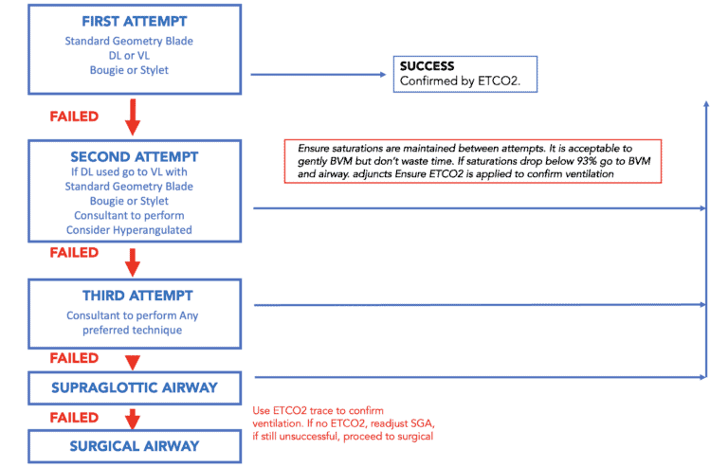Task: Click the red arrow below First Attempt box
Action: click(x=134, y=117)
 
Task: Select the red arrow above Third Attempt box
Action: click(x=134, y=260)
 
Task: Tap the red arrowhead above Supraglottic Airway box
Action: click(x=134, y=361)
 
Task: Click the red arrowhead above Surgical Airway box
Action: click(x=134, y=419)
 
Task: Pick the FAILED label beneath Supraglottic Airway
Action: click(x=74, y=417)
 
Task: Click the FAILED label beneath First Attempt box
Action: click(x=74, y=117)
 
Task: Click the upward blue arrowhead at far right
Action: click(x=706, y=102)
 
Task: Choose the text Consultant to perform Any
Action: click(x=132, y=315)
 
